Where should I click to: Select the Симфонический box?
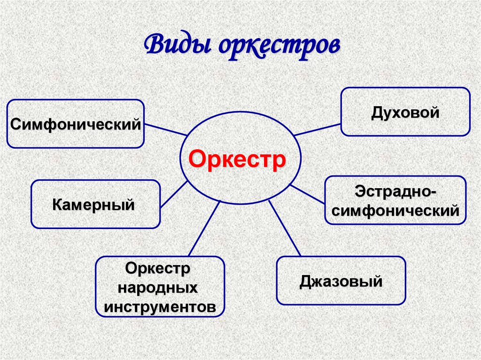click(75, 124)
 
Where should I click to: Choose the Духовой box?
click(405, 112)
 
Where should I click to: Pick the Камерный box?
click(95, 204)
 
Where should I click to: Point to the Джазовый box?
click(341, 281)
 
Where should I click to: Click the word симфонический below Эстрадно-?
click(396, 211)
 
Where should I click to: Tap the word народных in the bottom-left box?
click(159, 288)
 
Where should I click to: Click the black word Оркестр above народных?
click(159, 269)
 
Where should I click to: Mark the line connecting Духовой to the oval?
click(317, 130)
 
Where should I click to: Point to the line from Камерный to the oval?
click(174, 194)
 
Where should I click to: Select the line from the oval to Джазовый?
click(284, 228)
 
